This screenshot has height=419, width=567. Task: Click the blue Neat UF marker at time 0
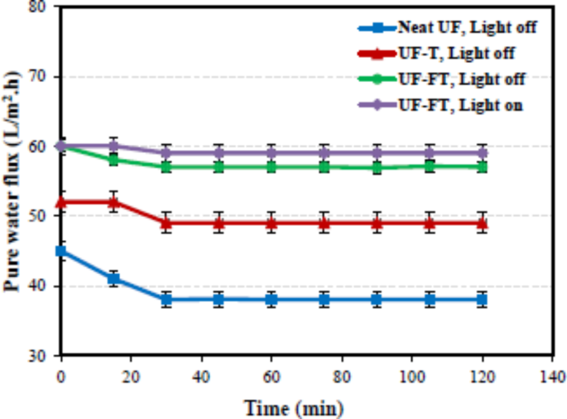click(60, 251)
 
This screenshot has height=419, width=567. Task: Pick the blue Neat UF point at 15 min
click(113, 278)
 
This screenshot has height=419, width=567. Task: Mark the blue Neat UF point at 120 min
click(482, 300)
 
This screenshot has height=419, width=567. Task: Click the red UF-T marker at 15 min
click(113, 202)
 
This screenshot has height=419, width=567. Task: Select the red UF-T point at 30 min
click(166, 223)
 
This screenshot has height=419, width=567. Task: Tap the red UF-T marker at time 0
click(60, 202)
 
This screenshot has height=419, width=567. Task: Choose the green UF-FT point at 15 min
click(113, 159)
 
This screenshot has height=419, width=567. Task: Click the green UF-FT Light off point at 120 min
click(482, 166)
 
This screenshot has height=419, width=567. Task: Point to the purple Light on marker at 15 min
click(113, 146)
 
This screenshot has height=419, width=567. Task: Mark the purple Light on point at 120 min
click(482, 152)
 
